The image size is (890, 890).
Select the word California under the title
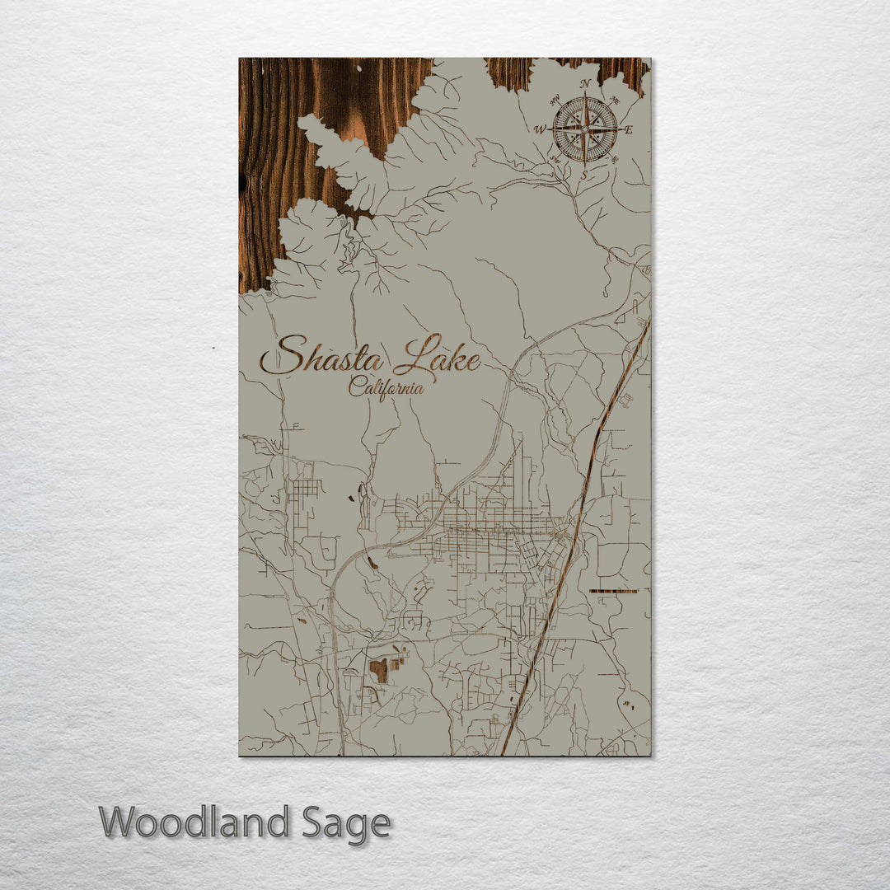click(386, 386)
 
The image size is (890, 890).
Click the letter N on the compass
click(585, 84)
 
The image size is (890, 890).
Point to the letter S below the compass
click(584, 175)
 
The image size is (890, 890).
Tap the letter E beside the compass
click(628, 130)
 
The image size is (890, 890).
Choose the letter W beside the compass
click(541, 129)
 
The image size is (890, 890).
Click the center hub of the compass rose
click(585, 129)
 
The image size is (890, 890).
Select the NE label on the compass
click(614, 101)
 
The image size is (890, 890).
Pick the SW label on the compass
click(555, 158)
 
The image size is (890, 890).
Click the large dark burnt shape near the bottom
click(379, 670)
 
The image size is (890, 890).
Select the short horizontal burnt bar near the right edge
click(613, 591)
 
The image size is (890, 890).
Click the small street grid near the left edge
click(305, 489)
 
